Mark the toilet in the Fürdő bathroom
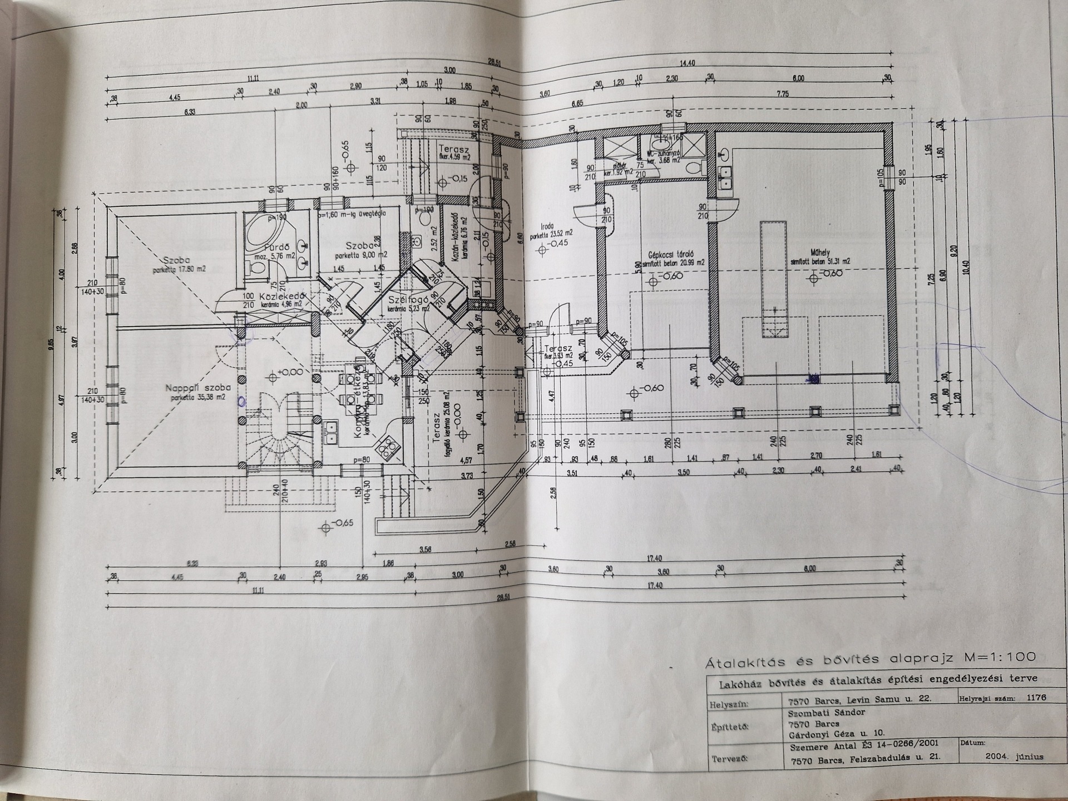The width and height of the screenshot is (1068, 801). tap(258, 269)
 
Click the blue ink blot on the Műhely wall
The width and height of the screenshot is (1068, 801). tap(813, 379)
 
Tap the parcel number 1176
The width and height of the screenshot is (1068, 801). tap(1036, 698)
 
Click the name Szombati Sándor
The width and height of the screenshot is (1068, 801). tap(827, 713)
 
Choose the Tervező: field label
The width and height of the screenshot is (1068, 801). tap(729, 759)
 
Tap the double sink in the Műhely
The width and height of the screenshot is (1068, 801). tap(725, 176)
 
